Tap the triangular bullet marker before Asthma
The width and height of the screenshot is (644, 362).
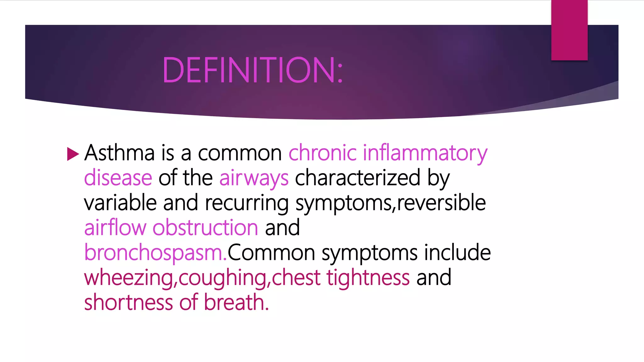pos(73,154)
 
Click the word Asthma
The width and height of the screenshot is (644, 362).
pos(119,153)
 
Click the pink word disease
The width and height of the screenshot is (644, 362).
pos(118,178)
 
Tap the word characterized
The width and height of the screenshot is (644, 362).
pos(358,178)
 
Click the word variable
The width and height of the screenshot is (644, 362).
pos(120,203)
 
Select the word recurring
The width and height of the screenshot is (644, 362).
pos(247,203)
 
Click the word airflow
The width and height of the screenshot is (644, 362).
pos(115,228)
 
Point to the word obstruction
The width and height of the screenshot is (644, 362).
pos(205,228)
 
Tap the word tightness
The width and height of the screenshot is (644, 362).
pos(368,278)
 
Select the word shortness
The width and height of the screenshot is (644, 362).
pos(129,302)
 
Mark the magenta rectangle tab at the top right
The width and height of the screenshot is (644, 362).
pos(569,30)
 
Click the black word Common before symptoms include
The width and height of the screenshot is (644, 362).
pos(271,252)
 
